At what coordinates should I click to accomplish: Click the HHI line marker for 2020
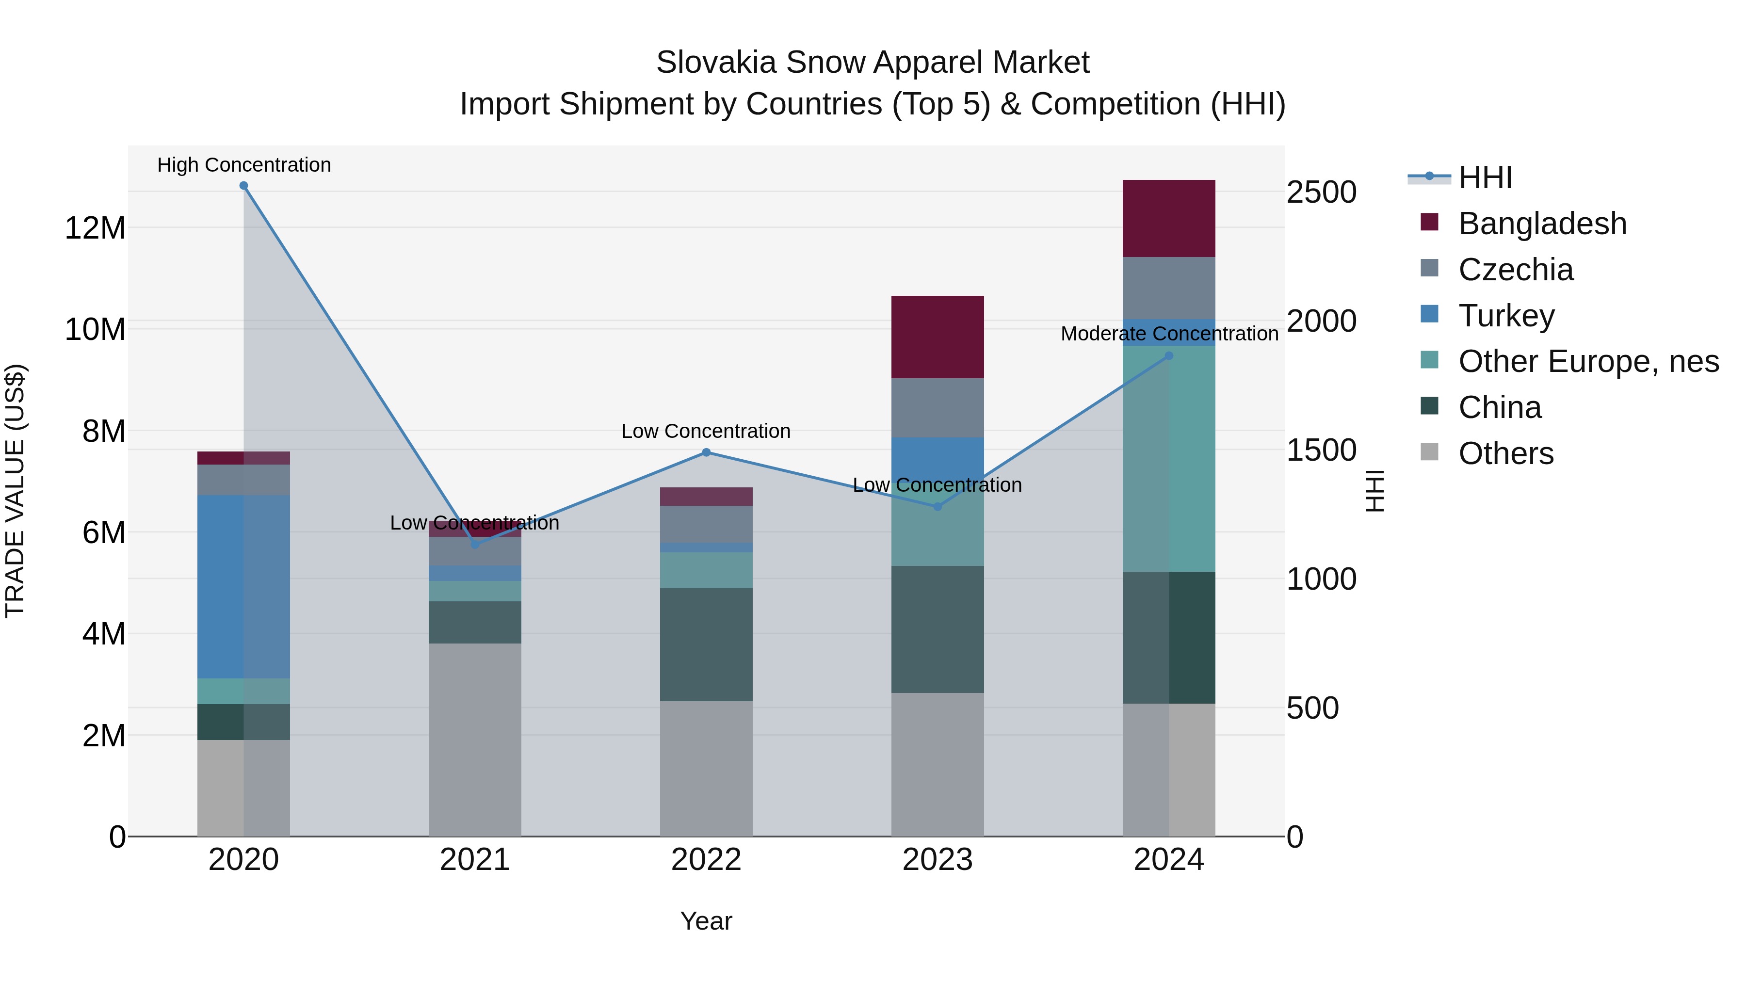tap(243, 186)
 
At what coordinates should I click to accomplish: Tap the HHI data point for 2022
tap(706, 452)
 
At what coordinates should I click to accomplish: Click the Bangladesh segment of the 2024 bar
tap(1168, 218)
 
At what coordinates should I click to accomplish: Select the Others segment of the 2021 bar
tap(474, 739)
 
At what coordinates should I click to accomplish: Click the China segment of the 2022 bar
tap(706, 644)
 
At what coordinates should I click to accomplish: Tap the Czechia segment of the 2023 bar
tap(938, 407)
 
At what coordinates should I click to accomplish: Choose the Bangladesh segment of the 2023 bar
tap(938, 337)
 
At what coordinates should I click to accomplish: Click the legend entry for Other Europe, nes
tap(1588, 361)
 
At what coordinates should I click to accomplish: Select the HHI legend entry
tap(1485, 177)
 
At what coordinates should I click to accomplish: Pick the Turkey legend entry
tap(1506, 316)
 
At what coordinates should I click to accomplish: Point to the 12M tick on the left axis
tap(95, 228)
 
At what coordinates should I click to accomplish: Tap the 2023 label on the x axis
tap(938, 860)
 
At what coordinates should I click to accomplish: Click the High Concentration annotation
tap(244, 165)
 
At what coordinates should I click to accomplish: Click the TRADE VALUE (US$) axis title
tap(15, 491)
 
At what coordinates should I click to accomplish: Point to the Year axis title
tap(706, 921)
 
